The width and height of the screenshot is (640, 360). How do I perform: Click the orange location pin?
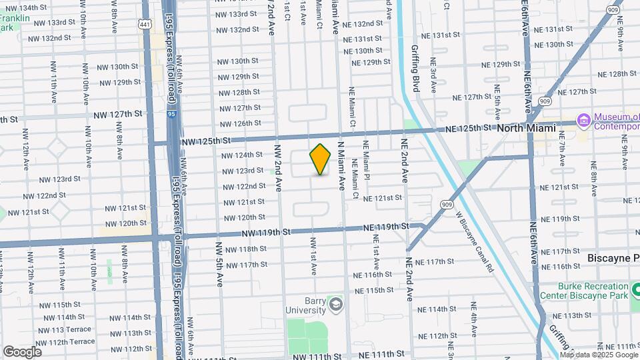coord(320,159)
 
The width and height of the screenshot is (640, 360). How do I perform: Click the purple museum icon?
coord(584,120)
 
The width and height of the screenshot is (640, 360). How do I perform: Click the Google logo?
coord(21,351)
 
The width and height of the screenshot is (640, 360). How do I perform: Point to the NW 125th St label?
coord(205,141)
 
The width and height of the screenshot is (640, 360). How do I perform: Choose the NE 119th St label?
coord(386,227)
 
